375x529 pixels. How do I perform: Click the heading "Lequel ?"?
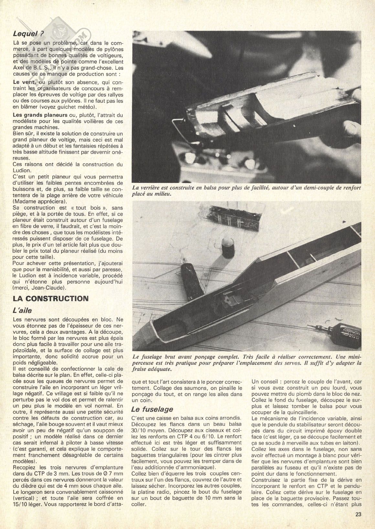pos(28,33)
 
